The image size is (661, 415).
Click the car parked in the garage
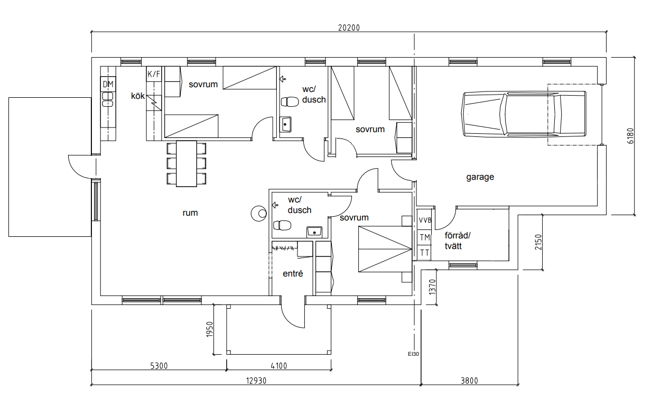[x=524, y=114]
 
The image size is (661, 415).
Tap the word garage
[x=480, y=177]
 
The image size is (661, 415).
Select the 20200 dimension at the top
[x=349, y=27]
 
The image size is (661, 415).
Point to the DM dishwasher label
[x=108, y=85]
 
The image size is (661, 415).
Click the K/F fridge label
[x=154, y=74]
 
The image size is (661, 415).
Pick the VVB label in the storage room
[x=425, y=220]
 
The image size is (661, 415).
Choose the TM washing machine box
[x=424, y=237]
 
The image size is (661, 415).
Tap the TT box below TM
[x=424, y=253]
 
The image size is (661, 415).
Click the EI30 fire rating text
[x=413, y=354]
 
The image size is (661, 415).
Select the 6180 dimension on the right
[x=630, y=136]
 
